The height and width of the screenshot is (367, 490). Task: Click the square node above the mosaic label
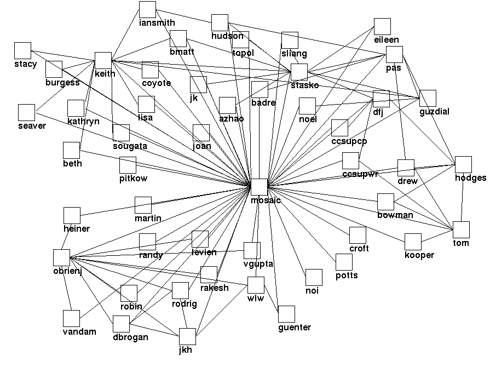tap(260, 187)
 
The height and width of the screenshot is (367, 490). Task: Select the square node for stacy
tap(23, 51)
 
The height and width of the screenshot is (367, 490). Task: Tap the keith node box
tap(103, 61)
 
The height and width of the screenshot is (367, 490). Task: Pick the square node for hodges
tap(463, 165)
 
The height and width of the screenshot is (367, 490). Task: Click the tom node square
tap(462, 230)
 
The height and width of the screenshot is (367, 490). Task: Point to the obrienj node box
tap(62, 257)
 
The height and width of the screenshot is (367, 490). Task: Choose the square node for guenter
tap(286, 314)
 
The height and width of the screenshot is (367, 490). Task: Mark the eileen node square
tap(383, 27)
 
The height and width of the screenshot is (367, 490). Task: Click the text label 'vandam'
tap(79, 331)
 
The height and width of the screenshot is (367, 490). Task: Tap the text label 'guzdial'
tap(434, 112)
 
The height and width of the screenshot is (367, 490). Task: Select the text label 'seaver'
tap(32, 125)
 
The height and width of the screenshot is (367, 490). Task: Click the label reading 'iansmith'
tap(157, 23)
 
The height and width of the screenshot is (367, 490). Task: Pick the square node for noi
tap(314, 278)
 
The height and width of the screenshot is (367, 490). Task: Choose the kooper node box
tap(413, 242)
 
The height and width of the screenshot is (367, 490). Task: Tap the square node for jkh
tap(187, 337)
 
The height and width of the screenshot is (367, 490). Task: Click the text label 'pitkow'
tap(134, 178)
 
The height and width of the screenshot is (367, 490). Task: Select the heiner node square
tap(72, 216)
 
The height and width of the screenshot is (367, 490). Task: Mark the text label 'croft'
tap(359, 248)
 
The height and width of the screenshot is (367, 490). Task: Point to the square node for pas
tap(394, 55)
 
